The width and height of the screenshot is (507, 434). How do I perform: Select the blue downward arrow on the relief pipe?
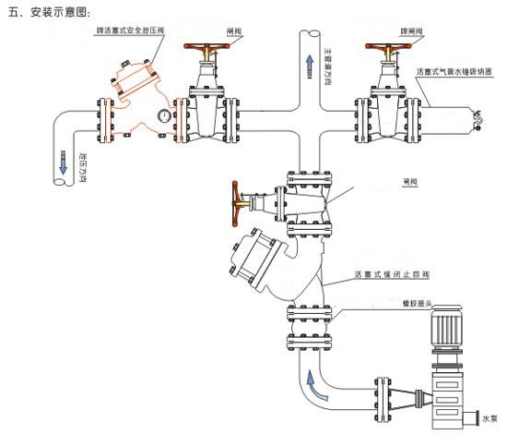(x=63, y=163)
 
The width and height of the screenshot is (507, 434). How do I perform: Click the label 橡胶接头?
(x=417, y=302)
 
